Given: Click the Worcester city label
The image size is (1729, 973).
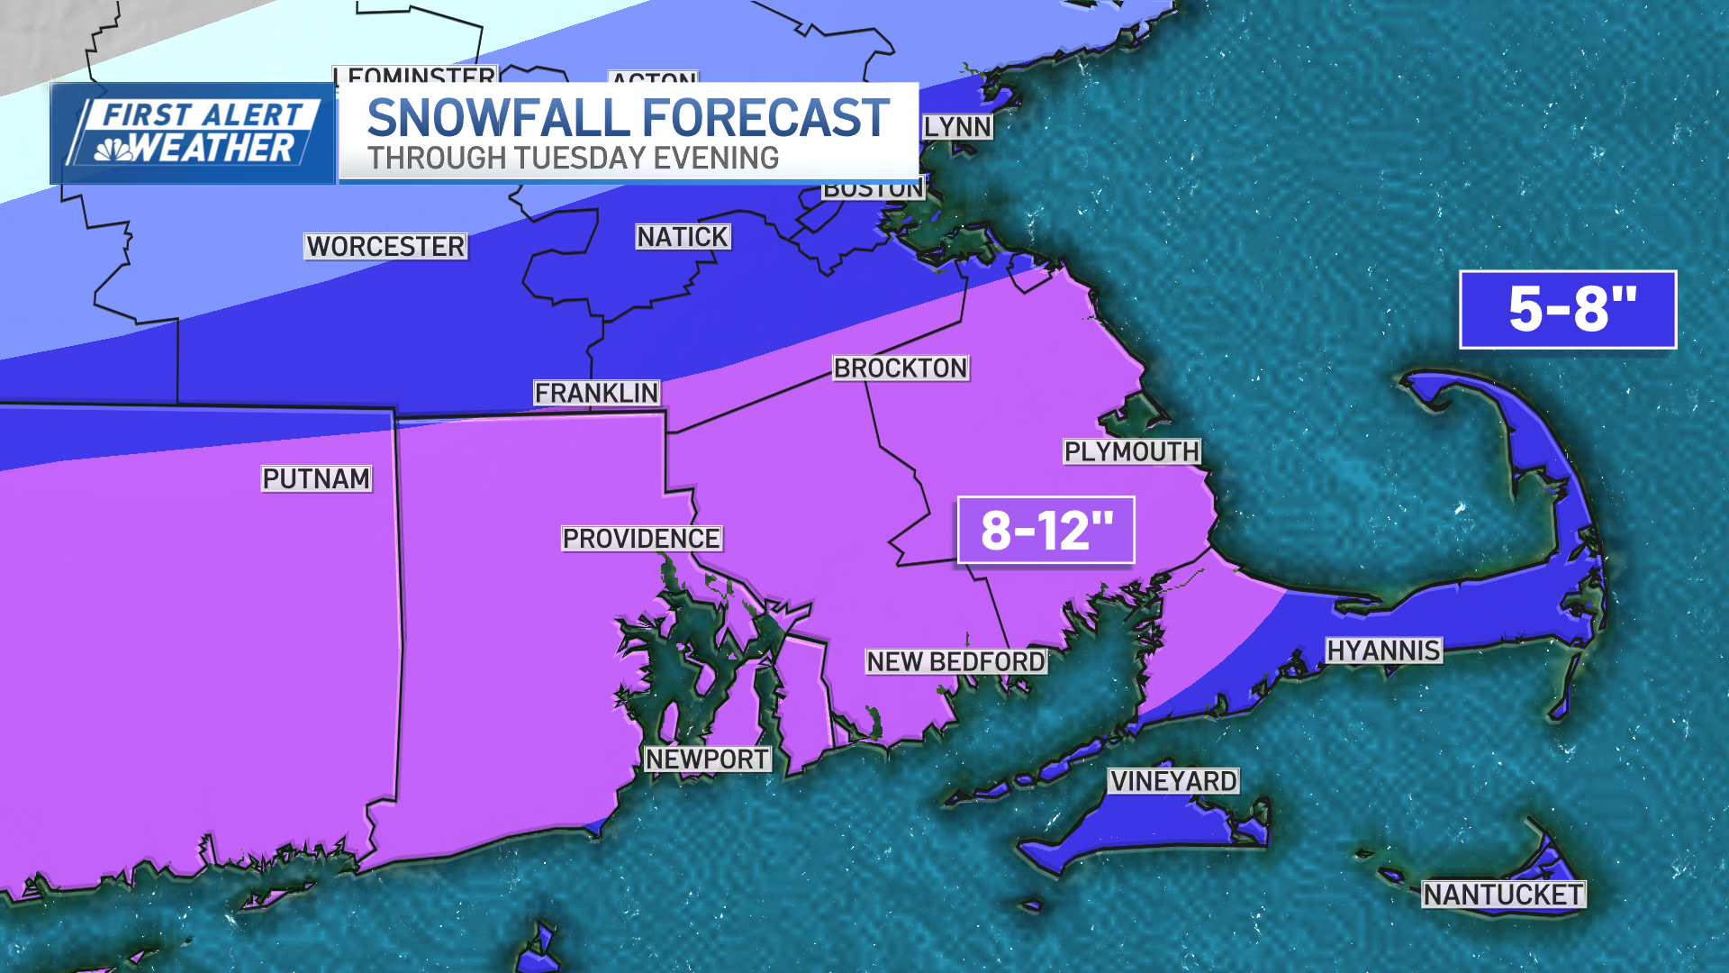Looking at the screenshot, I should click(385, 246).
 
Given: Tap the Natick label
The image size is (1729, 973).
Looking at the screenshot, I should click(683, 237).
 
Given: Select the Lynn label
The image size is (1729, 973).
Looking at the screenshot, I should click(957, 127).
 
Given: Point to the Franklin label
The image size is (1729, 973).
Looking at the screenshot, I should click(596, 393).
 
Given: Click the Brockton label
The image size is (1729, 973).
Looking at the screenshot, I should click(900, 368).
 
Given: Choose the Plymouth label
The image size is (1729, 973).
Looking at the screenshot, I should click(1131, 451).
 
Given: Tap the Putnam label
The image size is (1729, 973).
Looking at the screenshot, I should click(316, 478).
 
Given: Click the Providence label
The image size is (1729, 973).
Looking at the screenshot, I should click(641, 539).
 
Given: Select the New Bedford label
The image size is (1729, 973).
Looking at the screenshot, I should click(955, 661).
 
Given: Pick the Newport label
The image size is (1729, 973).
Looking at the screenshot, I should click(707, 759).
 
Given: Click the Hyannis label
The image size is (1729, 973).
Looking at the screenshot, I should click(1383, 650).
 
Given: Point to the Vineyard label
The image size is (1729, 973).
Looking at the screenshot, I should click(1173, 781).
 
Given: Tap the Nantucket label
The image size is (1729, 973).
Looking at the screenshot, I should click(1503, 895).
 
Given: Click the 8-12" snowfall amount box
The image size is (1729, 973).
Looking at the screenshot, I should click(1046, 530).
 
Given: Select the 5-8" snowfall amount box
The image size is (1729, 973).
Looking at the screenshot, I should click(1568, 309).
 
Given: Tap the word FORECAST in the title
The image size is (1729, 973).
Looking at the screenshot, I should click(765, 118).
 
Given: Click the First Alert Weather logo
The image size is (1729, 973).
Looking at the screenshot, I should click(193, 133).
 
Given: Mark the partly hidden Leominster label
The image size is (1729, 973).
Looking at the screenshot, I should click(415, 75).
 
